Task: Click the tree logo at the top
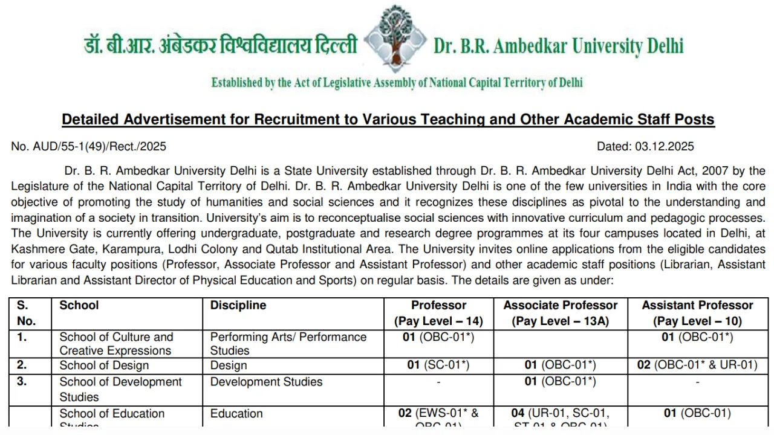point(395,37)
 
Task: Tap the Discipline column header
point(238,306)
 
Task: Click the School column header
point(79,306)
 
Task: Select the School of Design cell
point(104,366)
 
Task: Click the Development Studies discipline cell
point(266,382)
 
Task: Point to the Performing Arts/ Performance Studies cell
point(288,344)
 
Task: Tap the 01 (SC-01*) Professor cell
point(438,366)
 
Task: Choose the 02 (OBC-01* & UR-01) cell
point(697,365)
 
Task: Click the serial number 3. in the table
point(22,382)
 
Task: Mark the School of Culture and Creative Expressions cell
point(116,344)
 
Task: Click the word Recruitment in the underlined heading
point(298,119)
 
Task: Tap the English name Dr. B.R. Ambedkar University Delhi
point(558,46)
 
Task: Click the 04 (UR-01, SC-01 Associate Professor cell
point(561,414)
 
